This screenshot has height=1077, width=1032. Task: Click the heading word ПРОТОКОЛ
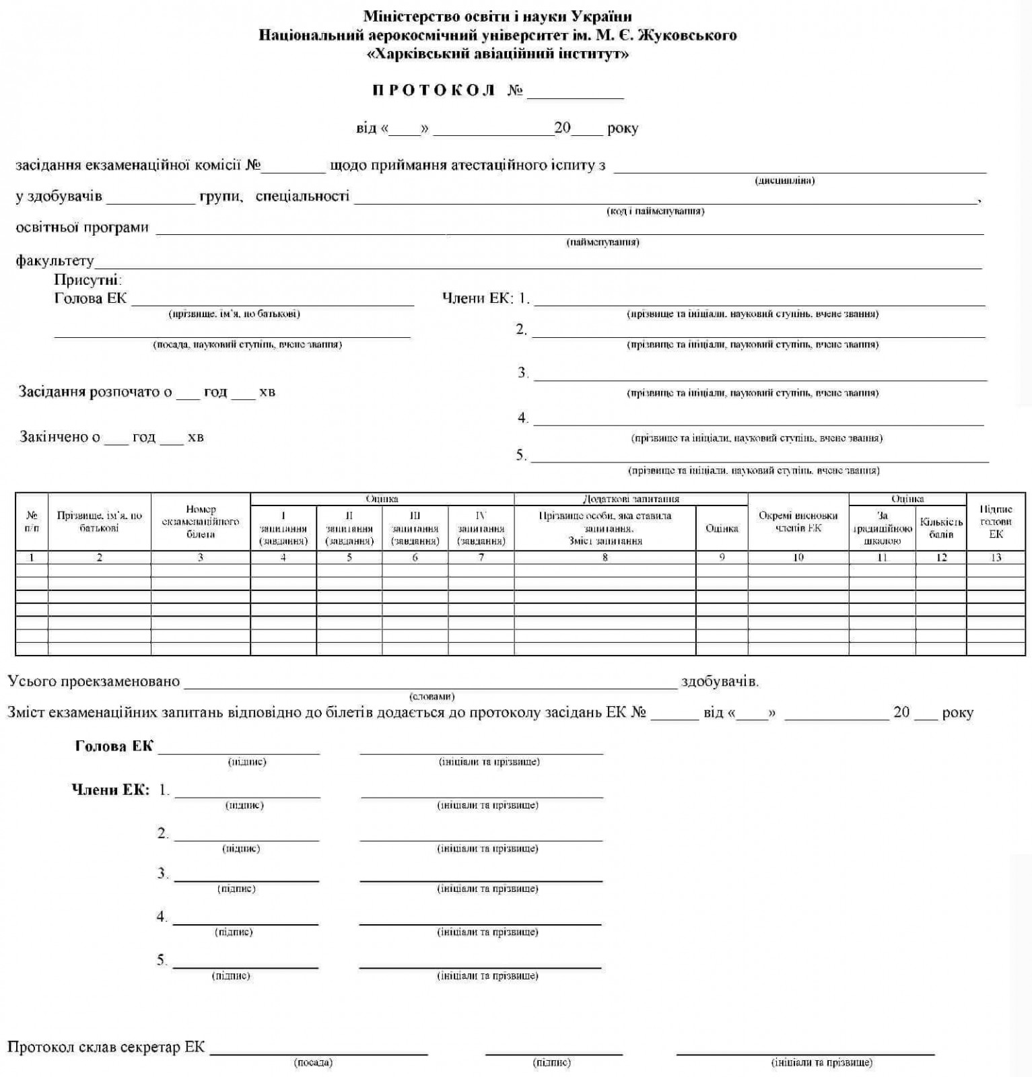pos(434,90)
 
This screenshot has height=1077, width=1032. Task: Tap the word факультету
pos(55,260)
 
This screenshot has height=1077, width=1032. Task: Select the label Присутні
pos(87,280)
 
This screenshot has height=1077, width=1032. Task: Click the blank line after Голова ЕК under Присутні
pos(273,300)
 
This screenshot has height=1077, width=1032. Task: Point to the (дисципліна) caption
pos(784,180)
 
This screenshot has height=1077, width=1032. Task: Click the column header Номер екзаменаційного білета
pos(201,522)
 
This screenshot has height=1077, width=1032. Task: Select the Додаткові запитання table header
pos(630,499)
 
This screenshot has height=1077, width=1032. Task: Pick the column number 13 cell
pos(996,557)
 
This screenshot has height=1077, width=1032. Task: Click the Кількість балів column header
pos(941,528)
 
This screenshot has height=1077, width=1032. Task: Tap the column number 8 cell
pos(605,557)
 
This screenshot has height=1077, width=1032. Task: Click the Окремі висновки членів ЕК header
pos(798,522)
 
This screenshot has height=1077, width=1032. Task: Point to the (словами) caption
pos(432,696)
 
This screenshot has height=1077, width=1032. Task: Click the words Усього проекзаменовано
pos(94,681)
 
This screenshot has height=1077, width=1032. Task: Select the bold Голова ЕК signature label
pos(114,746)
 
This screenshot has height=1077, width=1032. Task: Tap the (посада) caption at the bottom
pos(313,1063)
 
